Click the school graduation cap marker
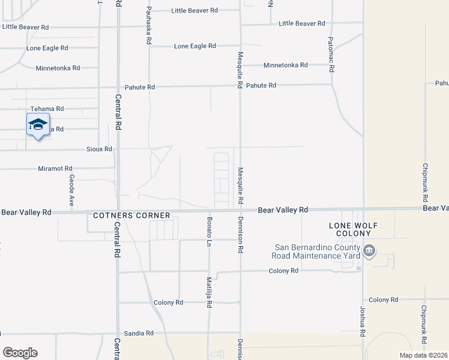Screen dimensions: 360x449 click(37, 125)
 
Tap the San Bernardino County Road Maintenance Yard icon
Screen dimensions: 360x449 click(369, 250)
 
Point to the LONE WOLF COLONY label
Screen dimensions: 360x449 click(353, 230)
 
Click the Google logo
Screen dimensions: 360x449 click(20, 353)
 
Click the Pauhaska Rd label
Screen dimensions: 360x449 click(148, 26)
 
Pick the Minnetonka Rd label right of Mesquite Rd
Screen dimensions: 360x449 click(286, 65)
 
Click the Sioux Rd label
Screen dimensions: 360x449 click(100, 149)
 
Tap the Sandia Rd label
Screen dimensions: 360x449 click(139, 333)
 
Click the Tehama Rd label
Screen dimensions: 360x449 click(47, 109)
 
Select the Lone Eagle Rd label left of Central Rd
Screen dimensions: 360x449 click(47, 48)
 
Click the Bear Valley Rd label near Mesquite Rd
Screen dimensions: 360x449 click(283, 210)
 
